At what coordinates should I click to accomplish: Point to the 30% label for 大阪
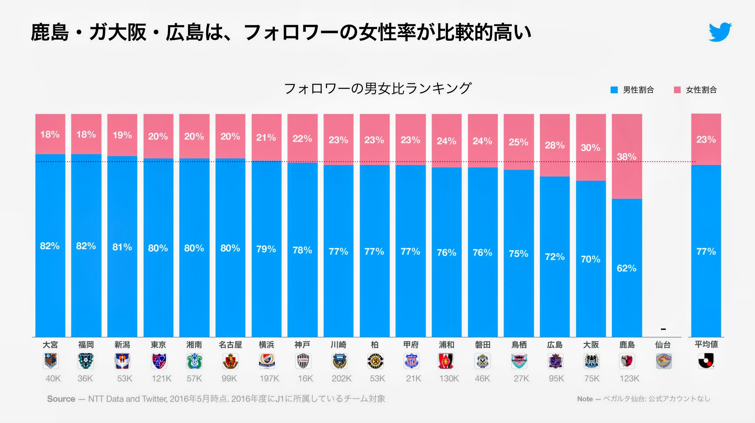(590, 148)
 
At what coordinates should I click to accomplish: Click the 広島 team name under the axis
(555, 345)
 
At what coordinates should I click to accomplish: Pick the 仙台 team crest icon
(664, 361)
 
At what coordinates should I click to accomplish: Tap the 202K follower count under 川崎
(341, 379)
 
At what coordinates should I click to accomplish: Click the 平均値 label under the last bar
(706, 344)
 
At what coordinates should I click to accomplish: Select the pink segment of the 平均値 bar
(706, 139)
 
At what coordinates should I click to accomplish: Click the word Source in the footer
(61, 399)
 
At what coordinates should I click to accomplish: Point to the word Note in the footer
(585, 399)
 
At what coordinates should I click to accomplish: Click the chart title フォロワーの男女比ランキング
(377, 88)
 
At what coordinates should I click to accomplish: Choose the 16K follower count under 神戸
(306, 379)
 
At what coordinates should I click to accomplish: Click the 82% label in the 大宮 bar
(50, 246)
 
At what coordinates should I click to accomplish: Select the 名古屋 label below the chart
(230, 345)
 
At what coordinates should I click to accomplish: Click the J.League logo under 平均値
(706, 361)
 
